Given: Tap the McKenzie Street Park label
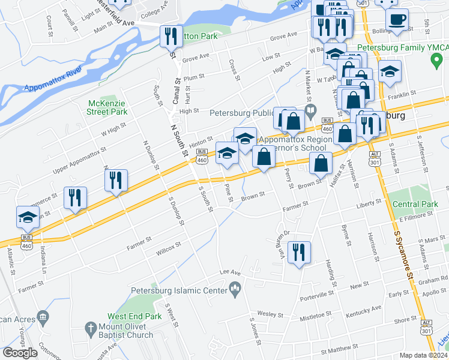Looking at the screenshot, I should click(107, 107).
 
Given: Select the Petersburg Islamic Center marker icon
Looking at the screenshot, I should click(236, 291).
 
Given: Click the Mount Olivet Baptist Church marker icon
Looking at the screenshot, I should click(91, 329).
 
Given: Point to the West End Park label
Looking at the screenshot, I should click(134, 316).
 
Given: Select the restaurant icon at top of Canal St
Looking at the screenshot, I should click(171, 37).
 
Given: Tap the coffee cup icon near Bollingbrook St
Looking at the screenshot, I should click(397, 19).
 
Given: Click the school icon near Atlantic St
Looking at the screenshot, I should click(28, 218).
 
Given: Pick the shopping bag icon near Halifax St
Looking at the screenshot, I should click(322, 163).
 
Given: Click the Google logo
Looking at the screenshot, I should click(20, 353).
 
